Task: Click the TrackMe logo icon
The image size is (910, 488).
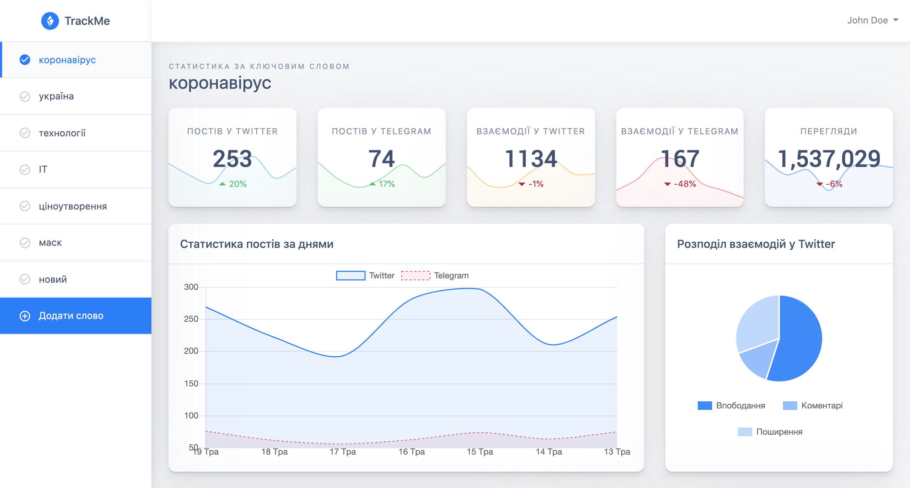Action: [x=50, y=21]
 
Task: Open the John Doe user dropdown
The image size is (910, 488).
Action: [x=872, y=20]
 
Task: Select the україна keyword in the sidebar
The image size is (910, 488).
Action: [x=56, y=96]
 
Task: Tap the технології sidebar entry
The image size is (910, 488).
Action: [x=62, y=133]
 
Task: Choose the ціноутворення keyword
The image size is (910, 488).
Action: [x=73, y=206]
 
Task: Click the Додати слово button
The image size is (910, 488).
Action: [x=71, y=316]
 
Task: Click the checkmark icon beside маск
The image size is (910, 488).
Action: [x=25, y=243]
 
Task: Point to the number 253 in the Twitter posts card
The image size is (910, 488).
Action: [x=232, y=158]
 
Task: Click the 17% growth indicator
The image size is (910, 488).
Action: [x=382, y=184]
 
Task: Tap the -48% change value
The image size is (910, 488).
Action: [x=680, y=184]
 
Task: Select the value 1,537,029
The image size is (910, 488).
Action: [x=829, y=158]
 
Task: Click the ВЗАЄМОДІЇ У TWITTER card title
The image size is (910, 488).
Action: [x=530, y=131]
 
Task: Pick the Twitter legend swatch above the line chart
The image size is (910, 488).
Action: [x=350, y=276]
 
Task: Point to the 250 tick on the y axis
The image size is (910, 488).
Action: [x=191, y=319]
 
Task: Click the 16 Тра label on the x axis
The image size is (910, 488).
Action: [x=411, y=452]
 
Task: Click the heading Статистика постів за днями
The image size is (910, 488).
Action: [x=257, y=244]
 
